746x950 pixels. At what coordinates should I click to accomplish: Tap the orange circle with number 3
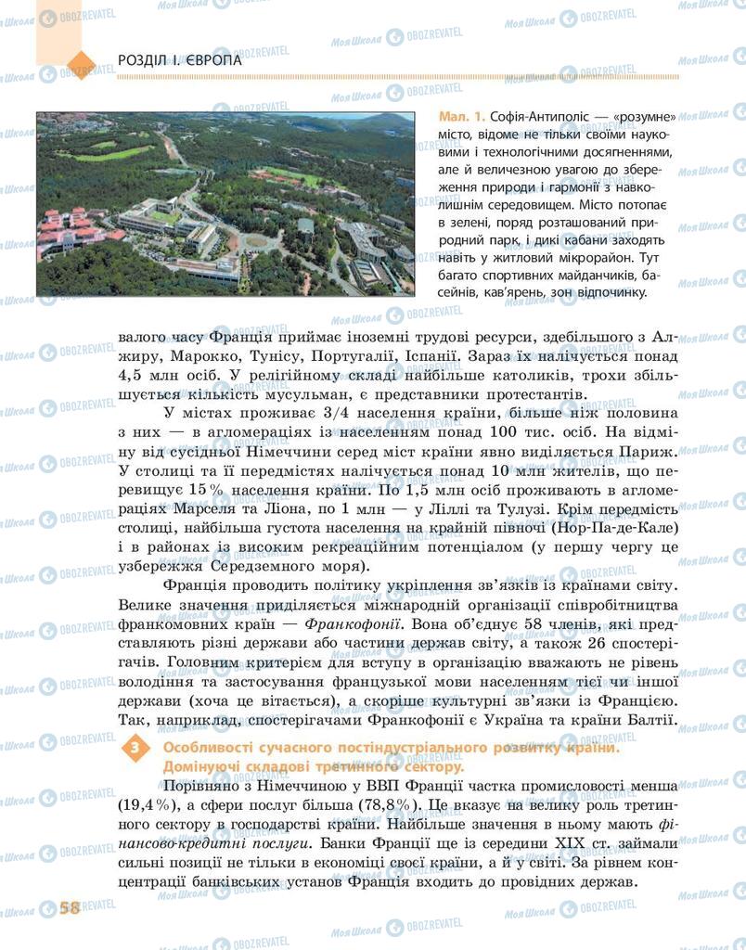(137, 749)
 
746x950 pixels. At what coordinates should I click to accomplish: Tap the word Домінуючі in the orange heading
(204, 766)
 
